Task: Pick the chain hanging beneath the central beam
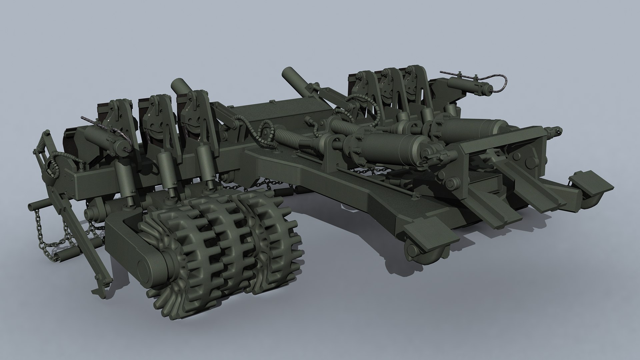tap(367, 172)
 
